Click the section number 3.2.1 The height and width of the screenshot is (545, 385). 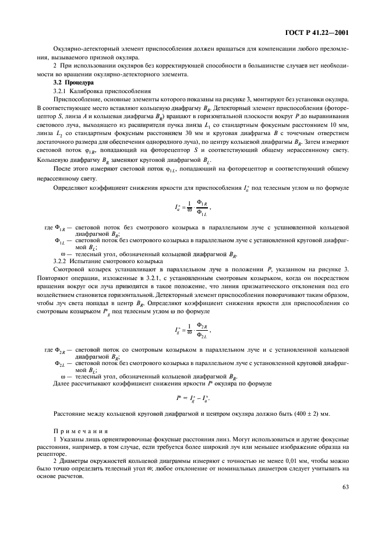[60, 91]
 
